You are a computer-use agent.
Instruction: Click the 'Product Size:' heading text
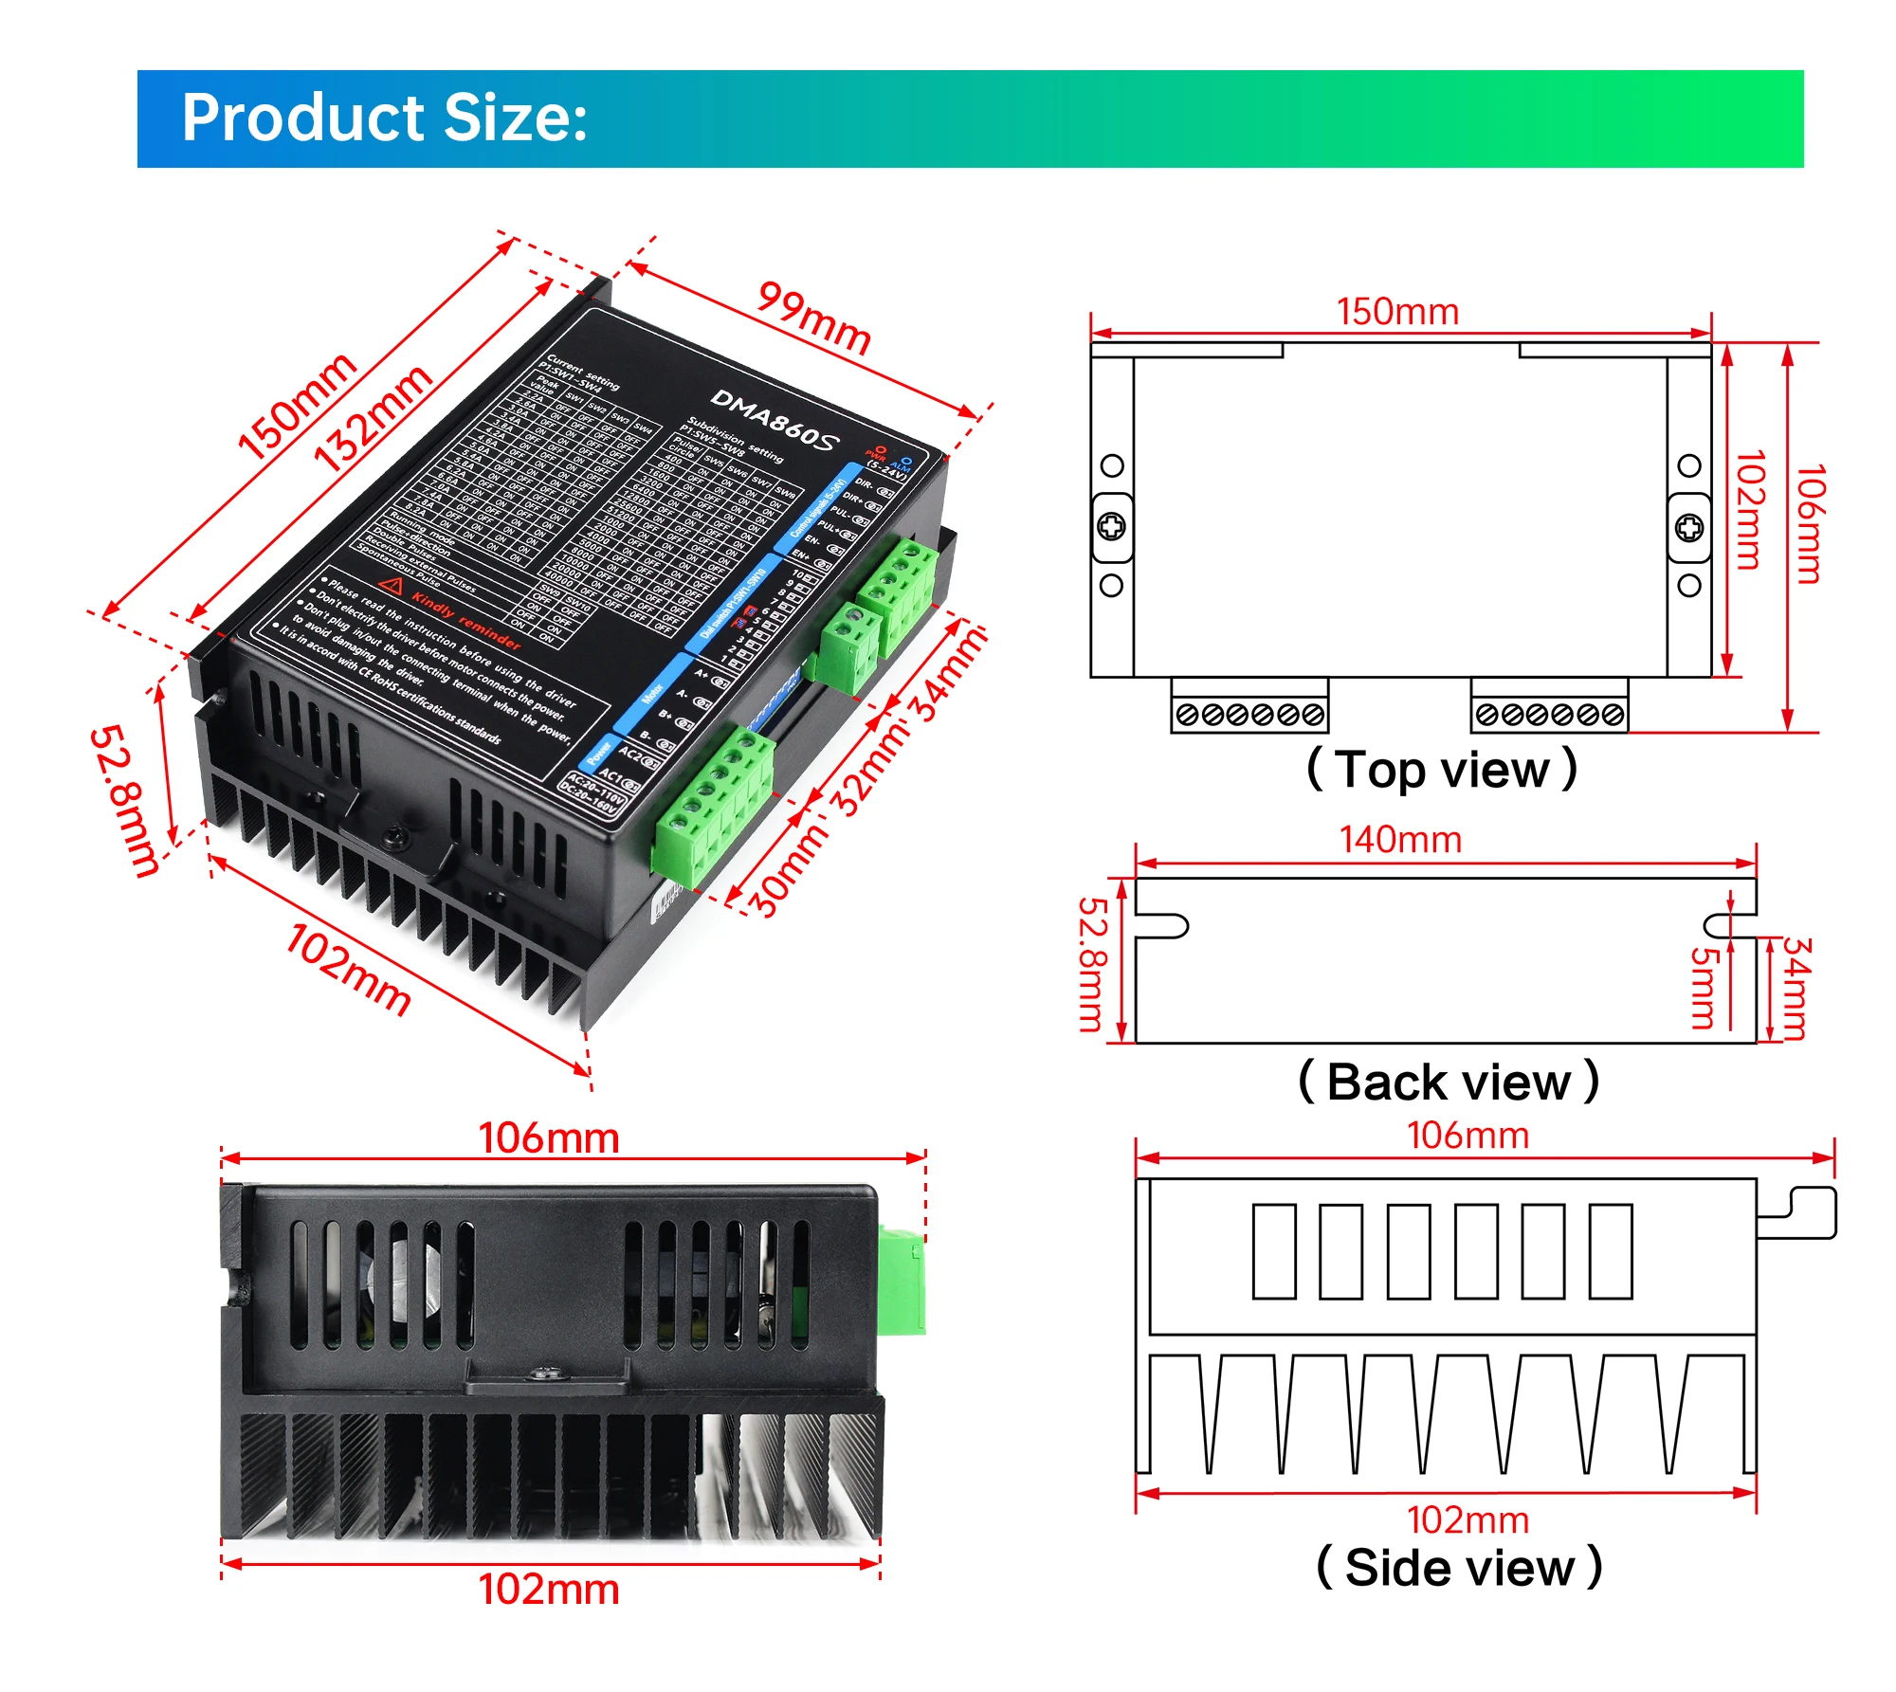click(384, 118)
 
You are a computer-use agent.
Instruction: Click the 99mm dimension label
click(813, 318)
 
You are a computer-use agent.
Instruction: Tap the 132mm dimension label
click(372, 418)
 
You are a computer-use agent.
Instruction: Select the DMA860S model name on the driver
click(775, 420)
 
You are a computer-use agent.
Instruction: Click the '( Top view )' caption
click(1441, 769)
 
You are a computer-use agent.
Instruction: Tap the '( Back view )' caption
click(1448, 1082)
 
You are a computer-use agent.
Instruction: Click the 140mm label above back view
click(1399, 840)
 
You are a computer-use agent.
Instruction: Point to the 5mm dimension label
click(1703, 988)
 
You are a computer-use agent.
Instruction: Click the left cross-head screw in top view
click(1111, 526)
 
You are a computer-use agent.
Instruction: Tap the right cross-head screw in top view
click(1688, 527)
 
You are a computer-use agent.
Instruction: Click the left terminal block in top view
click(1249, 714)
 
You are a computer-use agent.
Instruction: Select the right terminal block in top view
click(1549, 714)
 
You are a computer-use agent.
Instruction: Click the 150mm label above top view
click(1396, 312)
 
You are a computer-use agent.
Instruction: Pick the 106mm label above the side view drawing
click(1467, 1136)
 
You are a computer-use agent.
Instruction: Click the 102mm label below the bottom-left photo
click(548, 1590)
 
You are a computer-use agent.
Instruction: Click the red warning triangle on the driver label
click(391, 586)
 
